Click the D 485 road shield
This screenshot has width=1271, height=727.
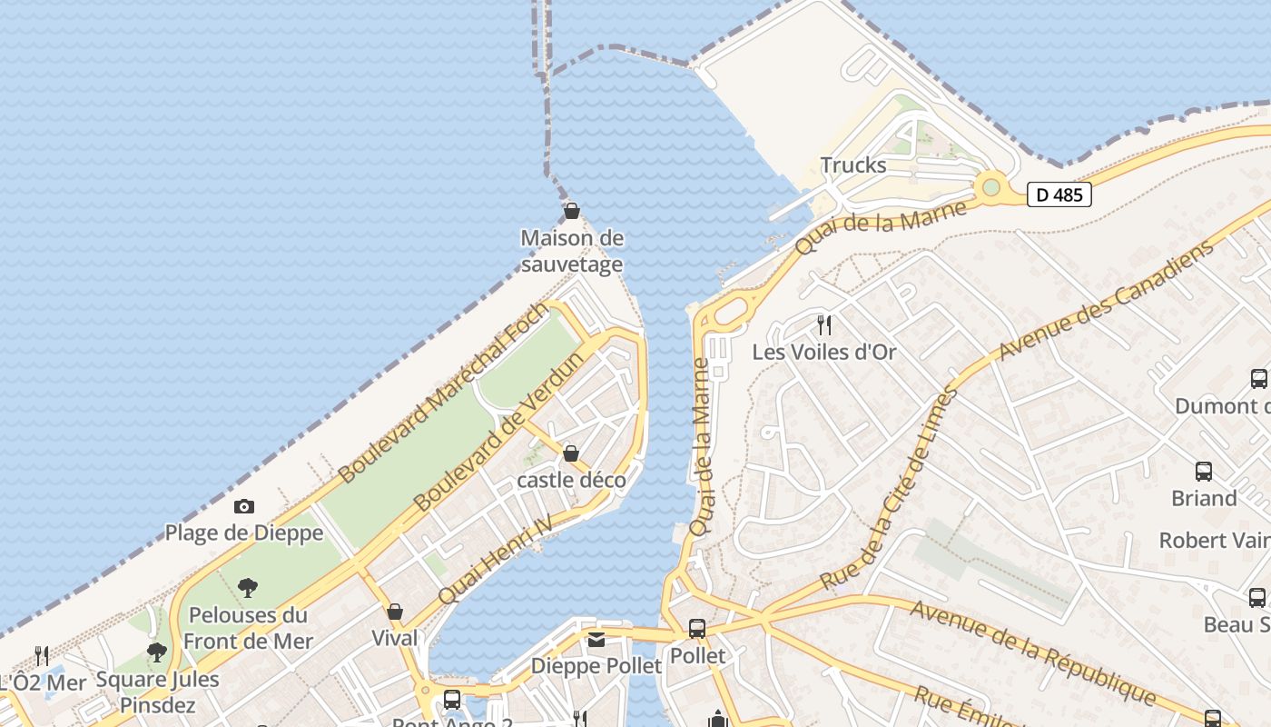(1059, 194)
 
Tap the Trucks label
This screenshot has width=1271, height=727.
(852, 165)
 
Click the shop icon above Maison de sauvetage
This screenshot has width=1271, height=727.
(572, 212)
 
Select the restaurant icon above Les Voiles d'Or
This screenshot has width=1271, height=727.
(824, 324)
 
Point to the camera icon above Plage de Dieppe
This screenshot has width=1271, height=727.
(244, 506)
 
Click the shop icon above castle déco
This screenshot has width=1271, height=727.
(571, 453)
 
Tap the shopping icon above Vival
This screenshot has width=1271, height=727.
(395, 612)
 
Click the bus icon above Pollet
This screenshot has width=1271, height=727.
(697, 629)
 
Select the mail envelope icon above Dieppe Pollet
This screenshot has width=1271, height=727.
(596, 640)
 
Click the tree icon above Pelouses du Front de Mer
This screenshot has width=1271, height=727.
(247, 588)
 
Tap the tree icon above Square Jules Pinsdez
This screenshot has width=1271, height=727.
(157, 652)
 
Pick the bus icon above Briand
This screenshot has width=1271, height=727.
(1204, 472)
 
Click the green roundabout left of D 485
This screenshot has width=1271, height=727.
(990, 187)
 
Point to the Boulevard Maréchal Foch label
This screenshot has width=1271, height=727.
(444, 393)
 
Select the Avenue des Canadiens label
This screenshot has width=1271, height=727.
(1107, 300)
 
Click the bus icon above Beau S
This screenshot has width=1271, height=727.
(1257, 598)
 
